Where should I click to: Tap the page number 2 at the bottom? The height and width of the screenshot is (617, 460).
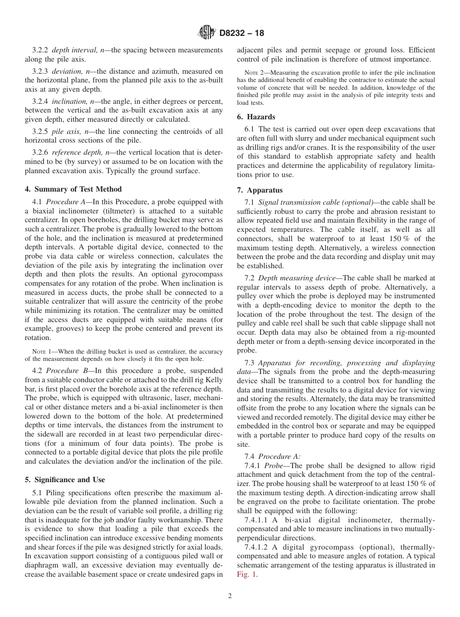point(230,596)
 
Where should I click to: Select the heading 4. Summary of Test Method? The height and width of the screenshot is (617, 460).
point(73,189)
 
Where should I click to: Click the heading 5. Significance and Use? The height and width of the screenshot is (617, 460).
point(65,480)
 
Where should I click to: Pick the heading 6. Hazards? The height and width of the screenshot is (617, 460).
point(256,117)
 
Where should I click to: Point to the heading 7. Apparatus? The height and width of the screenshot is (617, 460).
point(260,190)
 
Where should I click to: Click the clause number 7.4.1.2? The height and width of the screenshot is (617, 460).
point(258,547)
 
